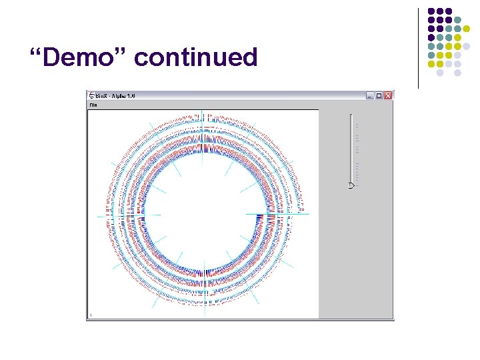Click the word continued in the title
pyautogui.click(x=195, y=58)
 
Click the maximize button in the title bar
pyautogui.click(x=379, y=96)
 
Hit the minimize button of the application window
pyautogui.click(x=370, y=96)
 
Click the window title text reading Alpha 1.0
pyautogui.click(x=123, y=96)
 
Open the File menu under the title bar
pyautogui.click(x=93, y=105)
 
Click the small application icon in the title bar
pyautogui.click(x=91, y=96)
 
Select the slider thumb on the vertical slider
pyautogui.click(x=351, y=186)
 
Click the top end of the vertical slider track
pyautogui.click(x=351, y=115)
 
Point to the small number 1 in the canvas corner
pyautogui.click(x=91, y=315)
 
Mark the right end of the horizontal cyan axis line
pyautogui.click(x=309, y=215)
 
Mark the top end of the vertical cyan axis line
pyautogui.click(x=203, y=111)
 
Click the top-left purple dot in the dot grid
pyautogui.click(x=431, y=11)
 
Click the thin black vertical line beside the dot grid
pyautogui.click(x=419, y=47)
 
